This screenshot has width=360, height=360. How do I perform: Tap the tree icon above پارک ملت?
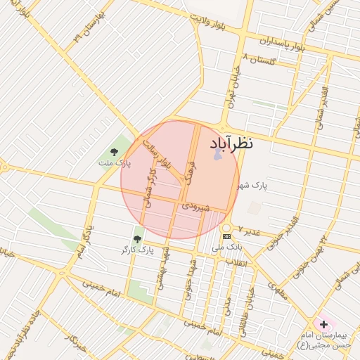115,152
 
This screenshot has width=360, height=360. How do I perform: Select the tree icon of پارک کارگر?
137,240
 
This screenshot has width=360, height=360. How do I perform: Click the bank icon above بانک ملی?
226,236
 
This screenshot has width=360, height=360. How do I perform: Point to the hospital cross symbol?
323,325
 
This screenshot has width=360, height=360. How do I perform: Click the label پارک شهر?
252,185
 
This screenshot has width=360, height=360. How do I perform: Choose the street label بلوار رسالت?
159,156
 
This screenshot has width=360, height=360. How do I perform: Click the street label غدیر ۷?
250,230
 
